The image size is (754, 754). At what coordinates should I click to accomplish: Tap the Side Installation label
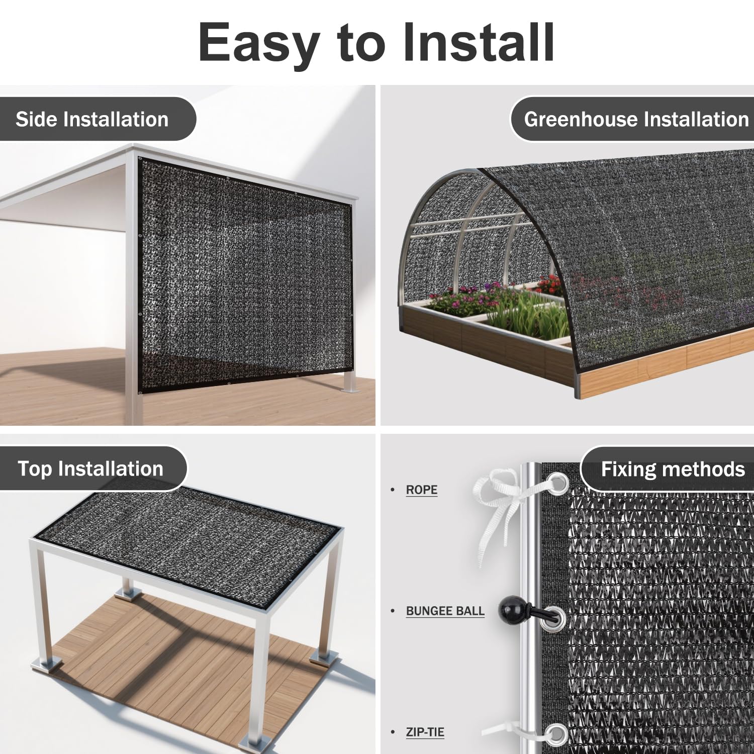92,120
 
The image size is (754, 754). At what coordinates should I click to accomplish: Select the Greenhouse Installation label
636,120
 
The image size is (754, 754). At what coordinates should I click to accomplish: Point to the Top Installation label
90,469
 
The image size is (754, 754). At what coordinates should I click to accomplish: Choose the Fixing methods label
673,469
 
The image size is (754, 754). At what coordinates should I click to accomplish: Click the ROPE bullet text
422,490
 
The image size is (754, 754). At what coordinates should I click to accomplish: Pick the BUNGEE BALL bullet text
445,611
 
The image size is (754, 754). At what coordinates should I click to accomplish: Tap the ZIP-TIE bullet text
425,732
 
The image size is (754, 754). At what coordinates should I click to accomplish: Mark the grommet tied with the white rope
556,484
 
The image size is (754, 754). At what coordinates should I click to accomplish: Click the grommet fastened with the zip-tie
556,734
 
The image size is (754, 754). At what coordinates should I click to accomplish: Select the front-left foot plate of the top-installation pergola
47,664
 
